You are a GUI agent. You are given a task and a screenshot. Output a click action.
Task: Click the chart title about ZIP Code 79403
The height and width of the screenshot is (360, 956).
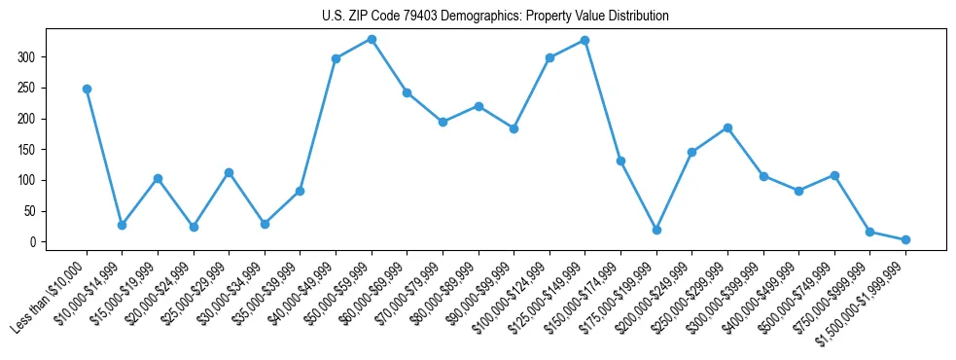tap(495, 17)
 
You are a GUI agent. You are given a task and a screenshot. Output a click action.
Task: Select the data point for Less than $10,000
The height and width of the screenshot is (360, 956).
tap(87, 89)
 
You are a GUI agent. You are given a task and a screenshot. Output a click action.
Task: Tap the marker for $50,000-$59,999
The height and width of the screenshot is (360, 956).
tap(372, 39)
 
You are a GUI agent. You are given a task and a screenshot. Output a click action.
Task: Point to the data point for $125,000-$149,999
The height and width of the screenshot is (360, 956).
tap(584, 40)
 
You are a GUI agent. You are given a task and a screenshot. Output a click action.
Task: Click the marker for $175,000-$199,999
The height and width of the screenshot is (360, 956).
tap(656, 230)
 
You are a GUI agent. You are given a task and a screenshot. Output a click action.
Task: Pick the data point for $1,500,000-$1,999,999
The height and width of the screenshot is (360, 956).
tap(905, 239)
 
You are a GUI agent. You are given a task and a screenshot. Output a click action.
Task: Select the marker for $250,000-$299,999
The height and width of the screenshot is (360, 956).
tap(727, 127)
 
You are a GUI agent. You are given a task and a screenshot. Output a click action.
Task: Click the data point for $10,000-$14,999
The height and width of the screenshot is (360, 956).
tap(122, 225)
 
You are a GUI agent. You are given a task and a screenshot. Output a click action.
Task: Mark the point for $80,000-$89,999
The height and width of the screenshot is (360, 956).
tap(478, 106)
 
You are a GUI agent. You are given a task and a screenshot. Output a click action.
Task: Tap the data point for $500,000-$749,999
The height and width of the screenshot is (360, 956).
tap(834, 175)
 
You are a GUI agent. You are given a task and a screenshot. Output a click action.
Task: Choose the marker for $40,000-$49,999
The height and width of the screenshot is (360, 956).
tap(336, 58)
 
